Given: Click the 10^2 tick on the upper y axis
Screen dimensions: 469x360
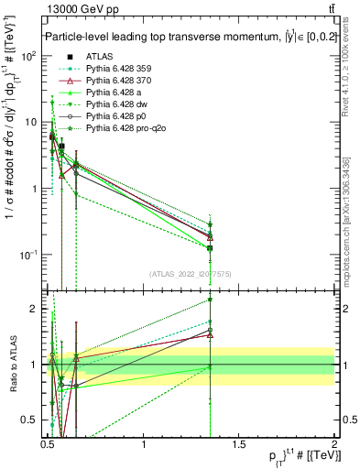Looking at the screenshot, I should [30, 55].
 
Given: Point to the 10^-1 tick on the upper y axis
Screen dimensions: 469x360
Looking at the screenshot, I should [30, 255].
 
